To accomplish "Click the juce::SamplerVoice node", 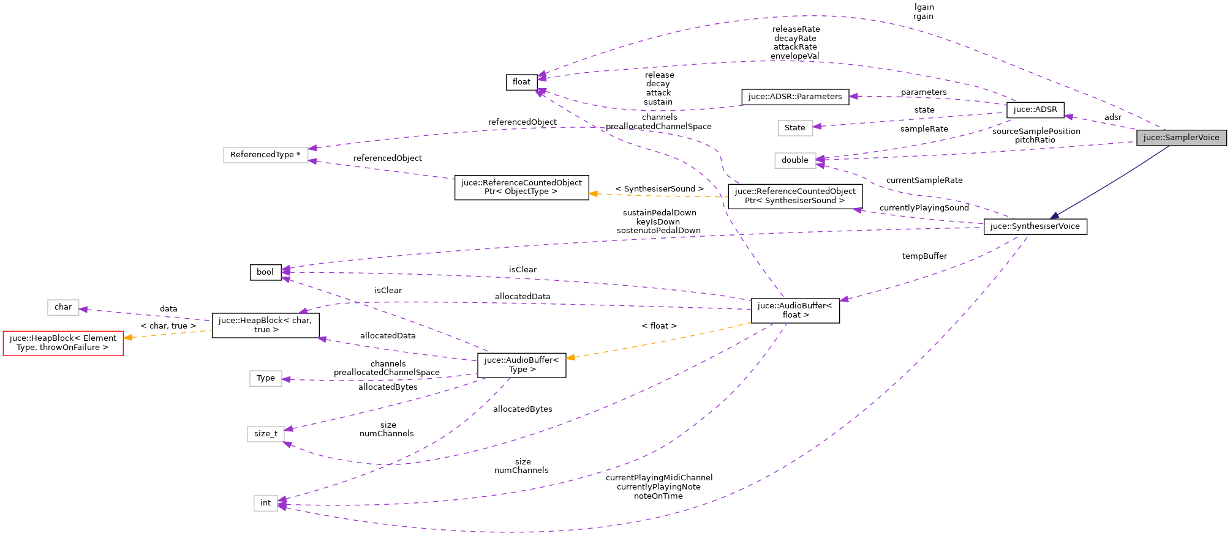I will tap(1181, 138).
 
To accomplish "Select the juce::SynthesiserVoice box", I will tap(1035, 226).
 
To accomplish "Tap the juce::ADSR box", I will tap(1035, 110).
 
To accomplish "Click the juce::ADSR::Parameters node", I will tap(794, 97).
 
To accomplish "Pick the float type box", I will tap(521, 82).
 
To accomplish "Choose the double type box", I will tap(794, 160).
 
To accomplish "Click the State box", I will tap(794, 128).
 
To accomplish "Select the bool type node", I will tap(265, 272).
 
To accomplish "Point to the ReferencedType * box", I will tap(265, 155).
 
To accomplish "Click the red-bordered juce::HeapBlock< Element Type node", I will tap(63, 343).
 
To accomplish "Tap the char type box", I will tap(63, 307).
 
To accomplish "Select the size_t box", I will tap(265, 434).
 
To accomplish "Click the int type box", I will tap(265, 503).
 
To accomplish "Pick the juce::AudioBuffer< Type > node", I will tap(521, 365).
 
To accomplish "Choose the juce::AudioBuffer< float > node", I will tap(794, 310).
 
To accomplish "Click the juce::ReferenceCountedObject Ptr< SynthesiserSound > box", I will tap(794, 196).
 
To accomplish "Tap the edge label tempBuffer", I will tap(924, 256).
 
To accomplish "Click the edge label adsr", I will tap(1112, 117).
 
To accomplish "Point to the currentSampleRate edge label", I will tap(924, 181).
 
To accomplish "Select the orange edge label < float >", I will tap(658, 326).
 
